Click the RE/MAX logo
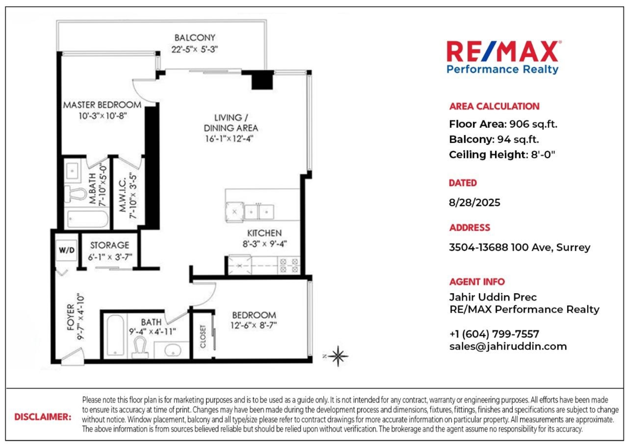(504, 58)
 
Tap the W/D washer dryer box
(66, 250)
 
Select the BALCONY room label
(195, 38)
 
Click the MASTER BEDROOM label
(102, 105)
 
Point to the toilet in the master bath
(75, 194)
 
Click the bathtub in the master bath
(88, 219)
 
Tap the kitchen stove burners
(289, 265)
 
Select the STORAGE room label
(109, 245)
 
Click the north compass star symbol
(338, 356)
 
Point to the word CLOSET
(203, 336)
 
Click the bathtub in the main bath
(116, 336)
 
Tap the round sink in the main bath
(172, 351)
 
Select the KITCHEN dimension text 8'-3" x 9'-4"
(265, 244)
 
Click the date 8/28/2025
(474, 202)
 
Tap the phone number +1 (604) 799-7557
(494, 334)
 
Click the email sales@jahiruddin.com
(508, 347)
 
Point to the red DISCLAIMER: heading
(43, 417)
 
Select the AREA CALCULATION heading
(494, 106)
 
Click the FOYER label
(71, 317)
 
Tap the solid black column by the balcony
(262, 80)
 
